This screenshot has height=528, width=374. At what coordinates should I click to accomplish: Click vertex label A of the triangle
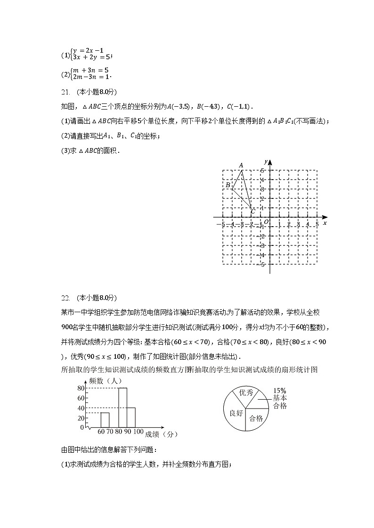click(241, 165)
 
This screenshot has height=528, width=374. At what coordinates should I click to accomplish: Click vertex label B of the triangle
click(228, 185)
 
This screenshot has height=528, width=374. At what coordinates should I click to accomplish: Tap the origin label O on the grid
click(266, 222)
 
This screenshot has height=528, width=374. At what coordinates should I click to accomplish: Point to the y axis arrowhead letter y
click(266, 162)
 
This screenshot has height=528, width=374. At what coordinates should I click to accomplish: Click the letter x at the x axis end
click(325, 223)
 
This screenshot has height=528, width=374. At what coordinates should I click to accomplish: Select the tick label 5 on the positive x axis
click(317, 224)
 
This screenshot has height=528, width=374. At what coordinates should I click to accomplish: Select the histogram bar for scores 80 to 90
click(122, 407)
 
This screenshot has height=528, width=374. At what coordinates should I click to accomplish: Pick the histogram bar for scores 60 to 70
click(105, 420)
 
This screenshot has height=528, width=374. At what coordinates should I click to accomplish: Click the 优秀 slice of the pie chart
click(246, 393)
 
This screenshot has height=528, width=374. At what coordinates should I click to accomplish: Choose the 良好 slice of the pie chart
click(236, 413)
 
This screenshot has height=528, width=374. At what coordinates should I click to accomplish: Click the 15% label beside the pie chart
click(280, 391)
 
